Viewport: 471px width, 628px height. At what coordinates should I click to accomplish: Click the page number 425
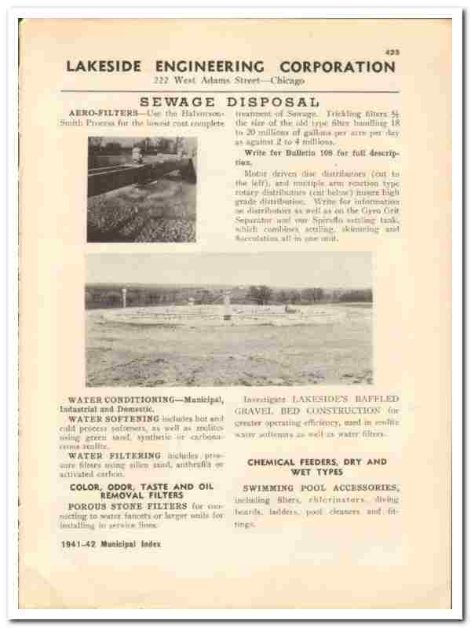[x=392, y=52]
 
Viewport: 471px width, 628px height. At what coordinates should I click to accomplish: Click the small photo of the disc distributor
[x=141, y=188]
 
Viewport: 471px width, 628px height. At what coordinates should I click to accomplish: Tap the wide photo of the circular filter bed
[x=228, y=318]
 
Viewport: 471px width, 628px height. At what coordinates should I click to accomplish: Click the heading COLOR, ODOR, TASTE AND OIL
[x=142, y=487]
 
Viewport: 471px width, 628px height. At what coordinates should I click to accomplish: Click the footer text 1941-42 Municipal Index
[x=111, y=544]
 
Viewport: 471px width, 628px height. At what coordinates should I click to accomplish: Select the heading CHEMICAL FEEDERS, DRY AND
[x=317, y=462]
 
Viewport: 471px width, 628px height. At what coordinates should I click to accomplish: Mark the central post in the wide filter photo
[x=227, y=305]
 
